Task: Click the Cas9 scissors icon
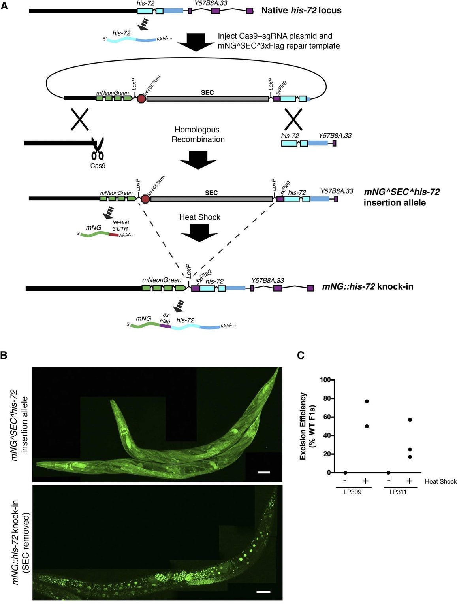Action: pos(97,149)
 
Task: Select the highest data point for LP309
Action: pos(367,401)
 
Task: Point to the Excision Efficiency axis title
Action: pos(307,426)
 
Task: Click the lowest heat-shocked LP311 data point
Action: pos(410,457)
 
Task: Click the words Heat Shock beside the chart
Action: pos(440,481)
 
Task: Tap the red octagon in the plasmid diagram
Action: pos(141,98)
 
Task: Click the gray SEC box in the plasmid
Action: pos(207,98)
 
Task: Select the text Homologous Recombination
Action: pos(198,134)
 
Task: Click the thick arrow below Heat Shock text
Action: pos(199,233)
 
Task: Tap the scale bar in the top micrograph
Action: pos(263,472)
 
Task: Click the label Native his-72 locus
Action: pos(301,10)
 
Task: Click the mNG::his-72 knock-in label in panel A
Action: pos(367,286)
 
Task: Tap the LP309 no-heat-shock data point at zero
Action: pos(345,473)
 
